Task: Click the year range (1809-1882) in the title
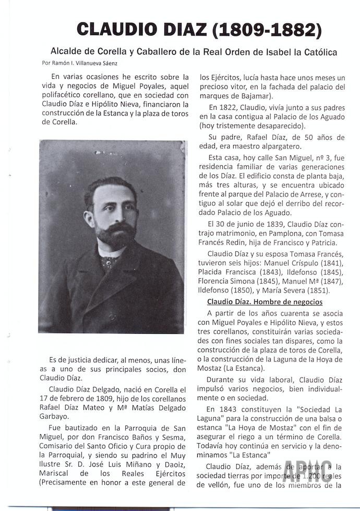pyautogui.click(x=267, y=29)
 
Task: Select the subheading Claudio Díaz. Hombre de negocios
pyautogui.click(x=265, y=302)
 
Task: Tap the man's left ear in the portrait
pyautogui.click(x=89, y=211)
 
